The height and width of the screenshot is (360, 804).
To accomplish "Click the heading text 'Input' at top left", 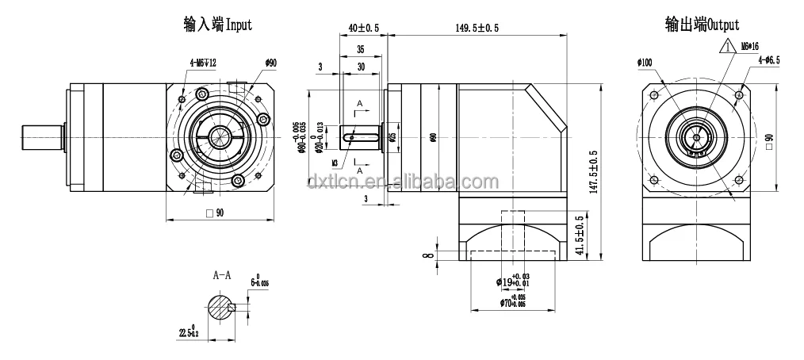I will (x=239, y=25).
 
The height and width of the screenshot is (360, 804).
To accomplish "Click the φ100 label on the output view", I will (x=644, y=62).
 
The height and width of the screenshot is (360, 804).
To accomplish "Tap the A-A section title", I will (x=222, y=276).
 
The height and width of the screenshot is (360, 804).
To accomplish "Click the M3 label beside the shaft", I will (x=336, y=163).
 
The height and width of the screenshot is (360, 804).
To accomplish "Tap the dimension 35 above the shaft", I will (x=360, y=49).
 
